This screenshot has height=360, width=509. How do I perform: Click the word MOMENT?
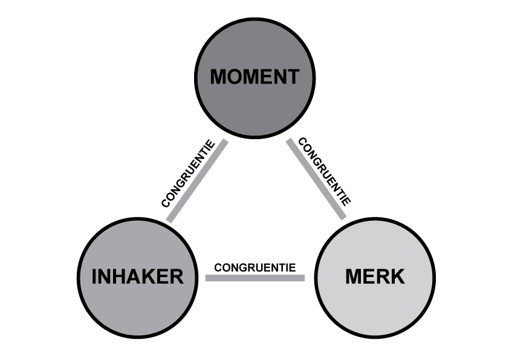[x=254, y=77]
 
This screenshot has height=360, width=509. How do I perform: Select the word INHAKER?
[x=137, y=277]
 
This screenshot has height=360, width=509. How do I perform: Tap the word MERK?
[x=375, y=277]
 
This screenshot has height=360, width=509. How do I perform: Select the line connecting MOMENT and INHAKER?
[x=198, y=181]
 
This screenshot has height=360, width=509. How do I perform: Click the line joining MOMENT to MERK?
[x=316, y=179]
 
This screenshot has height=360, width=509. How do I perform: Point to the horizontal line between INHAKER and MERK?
[x=254, y=278]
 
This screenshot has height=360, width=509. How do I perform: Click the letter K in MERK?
[x=397, y=277]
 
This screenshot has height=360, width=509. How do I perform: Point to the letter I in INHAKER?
[x=94, y=277]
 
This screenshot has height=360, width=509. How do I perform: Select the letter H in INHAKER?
[x=118, y=277]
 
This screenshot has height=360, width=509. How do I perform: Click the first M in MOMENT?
[x=218, y=77]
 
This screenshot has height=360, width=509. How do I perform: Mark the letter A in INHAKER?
[x=133, y=277]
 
